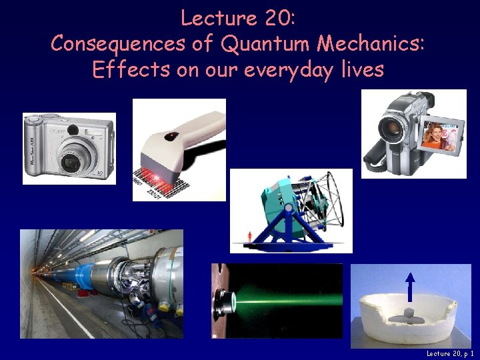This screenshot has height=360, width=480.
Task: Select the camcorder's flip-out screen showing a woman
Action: [x=442, y=135]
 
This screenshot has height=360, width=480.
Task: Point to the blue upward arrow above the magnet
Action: [x=410, y=287]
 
